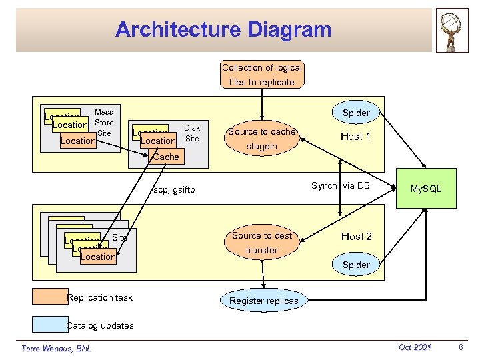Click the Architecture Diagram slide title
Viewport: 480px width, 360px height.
[x=223, y=30]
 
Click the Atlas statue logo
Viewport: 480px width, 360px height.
[x=453, y=31]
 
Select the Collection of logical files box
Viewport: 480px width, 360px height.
[x=262, y=75]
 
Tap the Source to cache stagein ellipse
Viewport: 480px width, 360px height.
[x=261, y=139]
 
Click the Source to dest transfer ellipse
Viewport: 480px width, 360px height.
[x=261, y=243]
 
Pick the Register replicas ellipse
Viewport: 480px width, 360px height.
[x=264, y=301]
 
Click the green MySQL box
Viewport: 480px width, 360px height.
[x=425, y=189]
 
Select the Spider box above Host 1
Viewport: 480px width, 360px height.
[x=356, y=113]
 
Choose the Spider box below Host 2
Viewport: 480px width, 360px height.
[x=356, y=265]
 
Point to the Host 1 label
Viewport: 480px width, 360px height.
[x=356, y=137]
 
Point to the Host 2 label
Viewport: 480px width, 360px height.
[x=356, y=237]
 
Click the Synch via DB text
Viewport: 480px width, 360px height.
[x=340, y=185]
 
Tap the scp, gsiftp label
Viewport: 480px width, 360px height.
[x=175, y=190]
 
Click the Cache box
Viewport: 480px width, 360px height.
[x=165, y=157]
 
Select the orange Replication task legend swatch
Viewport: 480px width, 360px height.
[x=49, y=297]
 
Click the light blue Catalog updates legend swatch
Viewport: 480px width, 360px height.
[x=49, y=324]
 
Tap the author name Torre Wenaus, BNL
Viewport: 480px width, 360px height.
[x=56, y=348]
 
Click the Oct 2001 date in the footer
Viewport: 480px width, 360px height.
[x=414, y=347]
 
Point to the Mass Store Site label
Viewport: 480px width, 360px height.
[x=104, y=123]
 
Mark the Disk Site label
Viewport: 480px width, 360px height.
[x=192, y=133]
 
